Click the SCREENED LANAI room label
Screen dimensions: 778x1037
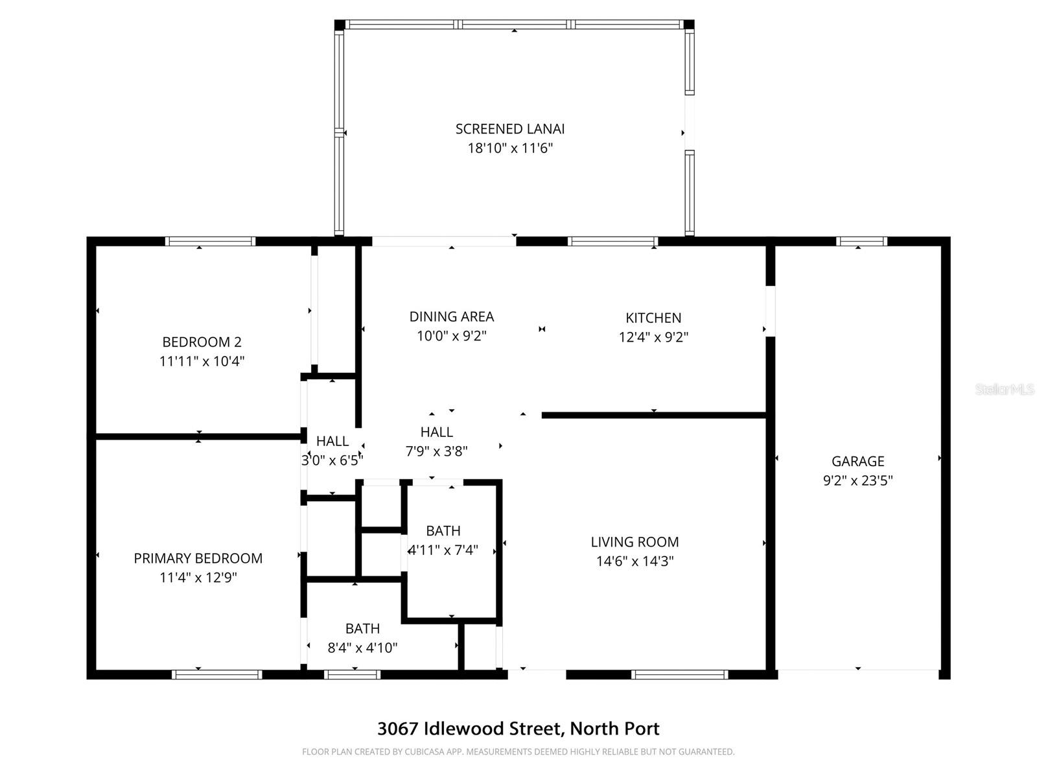pos(510,129)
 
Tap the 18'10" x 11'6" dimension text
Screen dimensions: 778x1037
pos(510,148)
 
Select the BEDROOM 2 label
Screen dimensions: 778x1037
pos(202,342)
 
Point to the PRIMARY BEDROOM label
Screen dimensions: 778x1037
pos(198,558)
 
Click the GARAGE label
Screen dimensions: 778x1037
pos(857,462)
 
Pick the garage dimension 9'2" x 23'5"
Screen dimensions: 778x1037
pos(857,480)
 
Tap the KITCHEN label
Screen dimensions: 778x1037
pos(653,318)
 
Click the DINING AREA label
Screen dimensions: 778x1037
pos(451,316)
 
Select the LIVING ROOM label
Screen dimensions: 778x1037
pos(635,542)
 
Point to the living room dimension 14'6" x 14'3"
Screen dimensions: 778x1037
pos(635,561)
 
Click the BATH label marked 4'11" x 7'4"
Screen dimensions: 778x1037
pos(443,531)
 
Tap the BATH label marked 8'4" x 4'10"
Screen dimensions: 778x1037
pos(362,628)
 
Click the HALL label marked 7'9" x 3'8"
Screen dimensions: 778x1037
pos(436,432)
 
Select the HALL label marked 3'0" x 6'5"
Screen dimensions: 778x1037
pos(332,442)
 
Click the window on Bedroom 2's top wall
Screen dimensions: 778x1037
pos(210,241)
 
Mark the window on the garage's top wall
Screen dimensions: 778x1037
pos(861,241)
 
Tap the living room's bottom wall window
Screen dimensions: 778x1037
pos(679,674)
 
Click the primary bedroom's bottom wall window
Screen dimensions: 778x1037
pos(217,674)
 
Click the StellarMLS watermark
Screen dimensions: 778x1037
pos(1005,390)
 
